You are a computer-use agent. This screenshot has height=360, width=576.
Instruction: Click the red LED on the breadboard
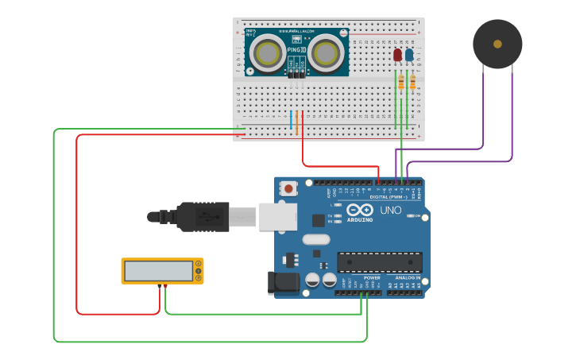(x=397, y=55)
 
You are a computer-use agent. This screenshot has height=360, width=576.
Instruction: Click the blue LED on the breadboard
(x=409, y=55)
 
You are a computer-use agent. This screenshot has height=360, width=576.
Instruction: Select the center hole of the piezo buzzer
(x=497, y=44)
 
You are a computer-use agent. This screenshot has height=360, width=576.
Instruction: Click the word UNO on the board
(x=390, y=211)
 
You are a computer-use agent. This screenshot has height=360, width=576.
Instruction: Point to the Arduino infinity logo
(x=359, y=210)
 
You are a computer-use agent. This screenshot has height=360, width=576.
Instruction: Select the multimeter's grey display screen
(x=157, y=271)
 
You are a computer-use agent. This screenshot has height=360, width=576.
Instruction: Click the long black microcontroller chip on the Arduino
(x=379, y=262)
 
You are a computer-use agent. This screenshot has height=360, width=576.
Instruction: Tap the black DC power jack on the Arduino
(x=284, y=282)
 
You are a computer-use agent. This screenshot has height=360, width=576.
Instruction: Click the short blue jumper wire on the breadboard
(x=292, y=120)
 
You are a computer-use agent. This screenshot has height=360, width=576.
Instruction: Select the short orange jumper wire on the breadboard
(x=298, y=120)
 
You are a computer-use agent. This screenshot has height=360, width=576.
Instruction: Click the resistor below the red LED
(x=401, y=82)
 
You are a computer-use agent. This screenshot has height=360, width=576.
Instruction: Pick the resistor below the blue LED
(x=412, y=80)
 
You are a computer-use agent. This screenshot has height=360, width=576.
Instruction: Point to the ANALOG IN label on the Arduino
(x=405, y=278)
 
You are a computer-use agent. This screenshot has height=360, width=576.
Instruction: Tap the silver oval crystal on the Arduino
(x=315, y=238)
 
